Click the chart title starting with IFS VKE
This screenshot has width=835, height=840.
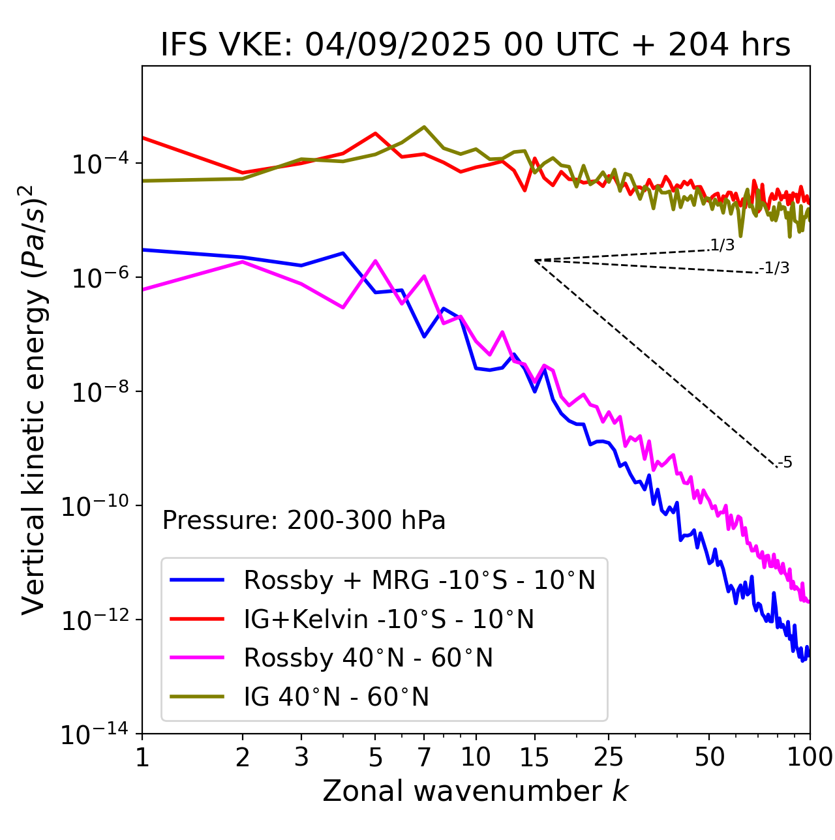point(476,46)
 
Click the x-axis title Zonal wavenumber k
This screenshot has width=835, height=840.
point(476,790)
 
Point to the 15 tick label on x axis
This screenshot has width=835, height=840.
point(534,757)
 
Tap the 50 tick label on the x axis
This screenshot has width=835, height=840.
point(709,757)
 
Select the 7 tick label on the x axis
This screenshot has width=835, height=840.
point(424,757)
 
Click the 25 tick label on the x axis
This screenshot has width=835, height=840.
point(609,757)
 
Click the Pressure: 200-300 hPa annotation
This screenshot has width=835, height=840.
point(303,520)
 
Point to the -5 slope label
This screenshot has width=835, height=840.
point(785,463)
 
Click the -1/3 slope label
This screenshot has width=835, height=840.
point(775,268)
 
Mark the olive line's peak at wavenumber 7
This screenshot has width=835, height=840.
point(424,127)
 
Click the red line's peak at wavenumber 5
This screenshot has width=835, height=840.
point(375,133)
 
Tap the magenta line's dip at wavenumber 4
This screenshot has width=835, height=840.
point(343,307)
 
